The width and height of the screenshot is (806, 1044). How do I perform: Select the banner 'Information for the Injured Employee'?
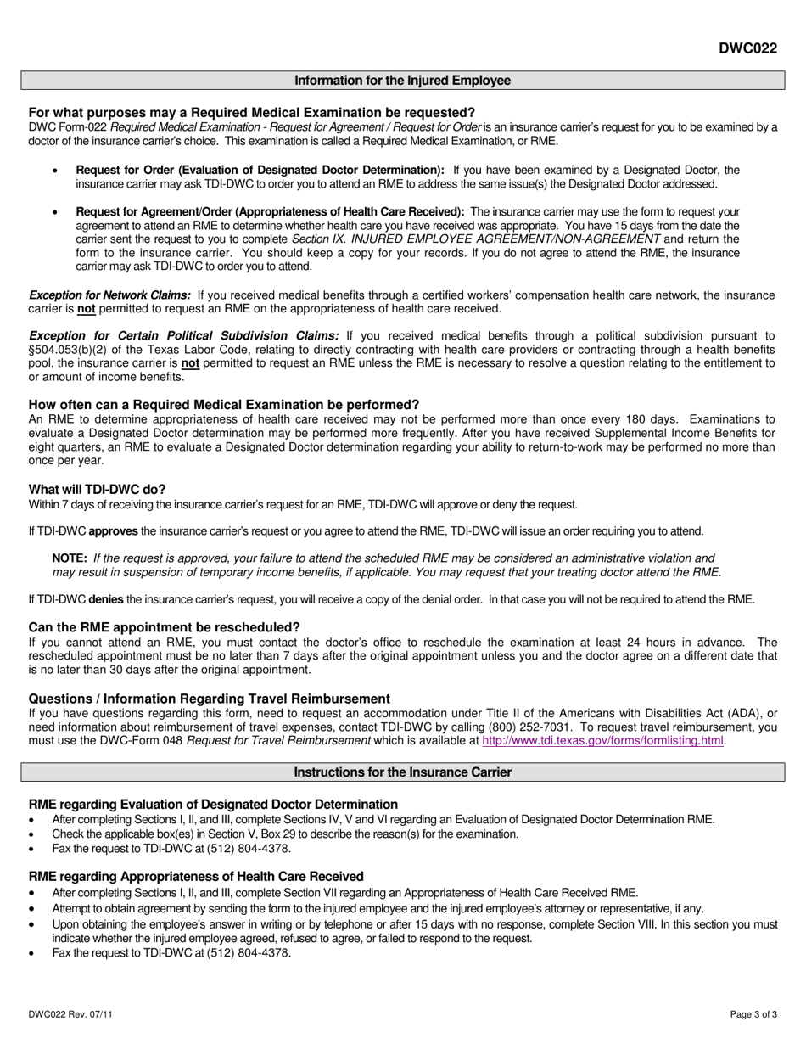coord(402,81)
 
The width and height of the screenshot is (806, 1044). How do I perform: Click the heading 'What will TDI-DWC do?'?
coord(97,490)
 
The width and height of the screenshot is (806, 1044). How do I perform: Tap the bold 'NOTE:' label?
coord(70,558)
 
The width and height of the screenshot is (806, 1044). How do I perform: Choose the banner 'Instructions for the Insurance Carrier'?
coord(402,772)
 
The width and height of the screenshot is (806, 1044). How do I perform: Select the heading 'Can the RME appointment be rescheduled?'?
coord(165,627)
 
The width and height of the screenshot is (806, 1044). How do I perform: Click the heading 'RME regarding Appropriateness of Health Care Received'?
coord(196,877)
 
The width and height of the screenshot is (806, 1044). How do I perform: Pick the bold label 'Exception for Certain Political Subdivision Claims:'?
coord(184,336)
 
